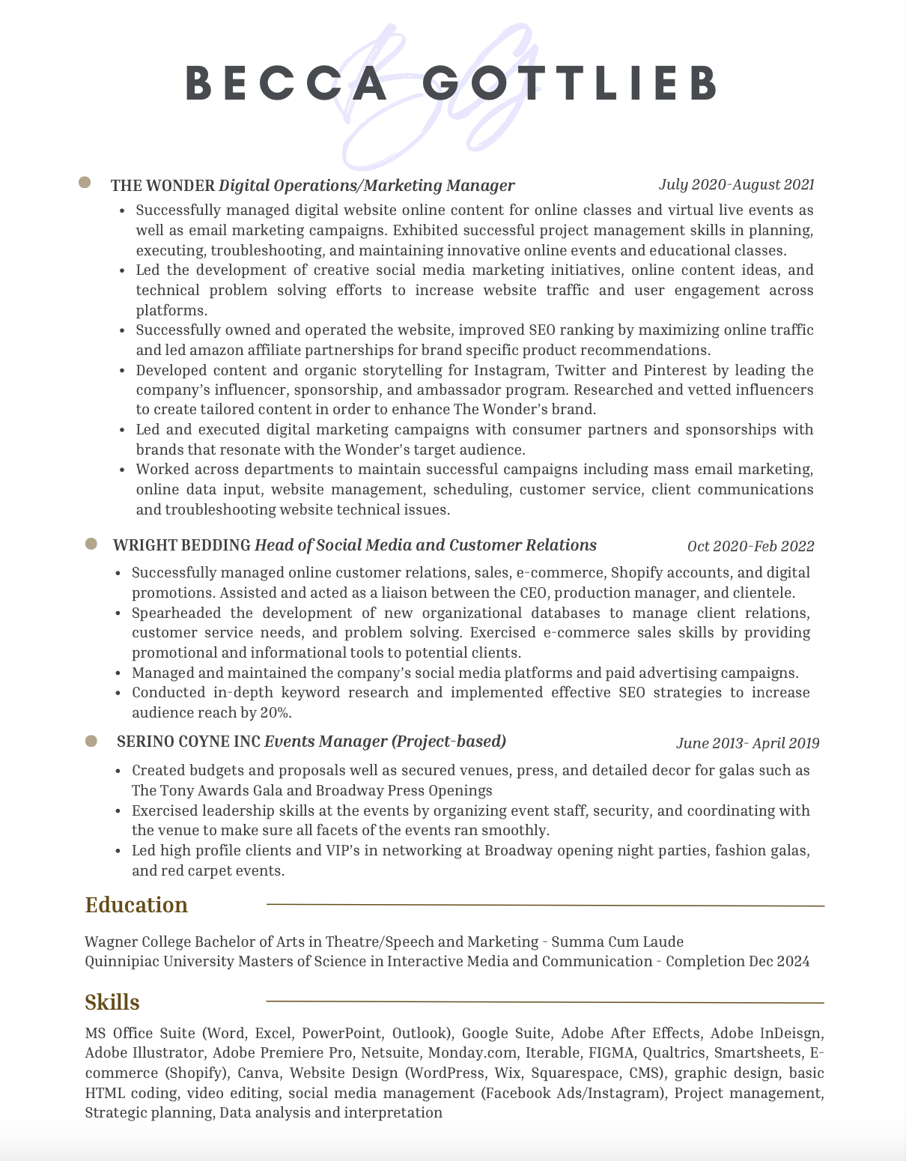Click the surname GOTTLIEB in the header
(x=569, y=82)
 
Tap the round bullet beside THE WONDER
(x=85, y=183)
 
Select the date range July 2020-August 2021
(x=736, y=184)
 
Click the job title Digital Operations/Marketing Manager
(x=367, y=185)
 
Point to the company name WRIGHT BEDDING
(x=182, y=545)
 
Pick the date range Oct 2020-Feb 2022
(x=750, y=546)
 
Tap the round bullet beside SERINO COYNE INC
(x=91, y=741)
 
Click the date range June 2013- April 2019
(x=747, y=743)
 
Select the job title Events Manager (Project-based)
(x=386, y=742)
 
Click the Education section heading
(x=136, y=905)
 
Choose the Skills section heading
(x=112, y=1002)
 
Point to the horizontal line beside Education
(x=545, y=906)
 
